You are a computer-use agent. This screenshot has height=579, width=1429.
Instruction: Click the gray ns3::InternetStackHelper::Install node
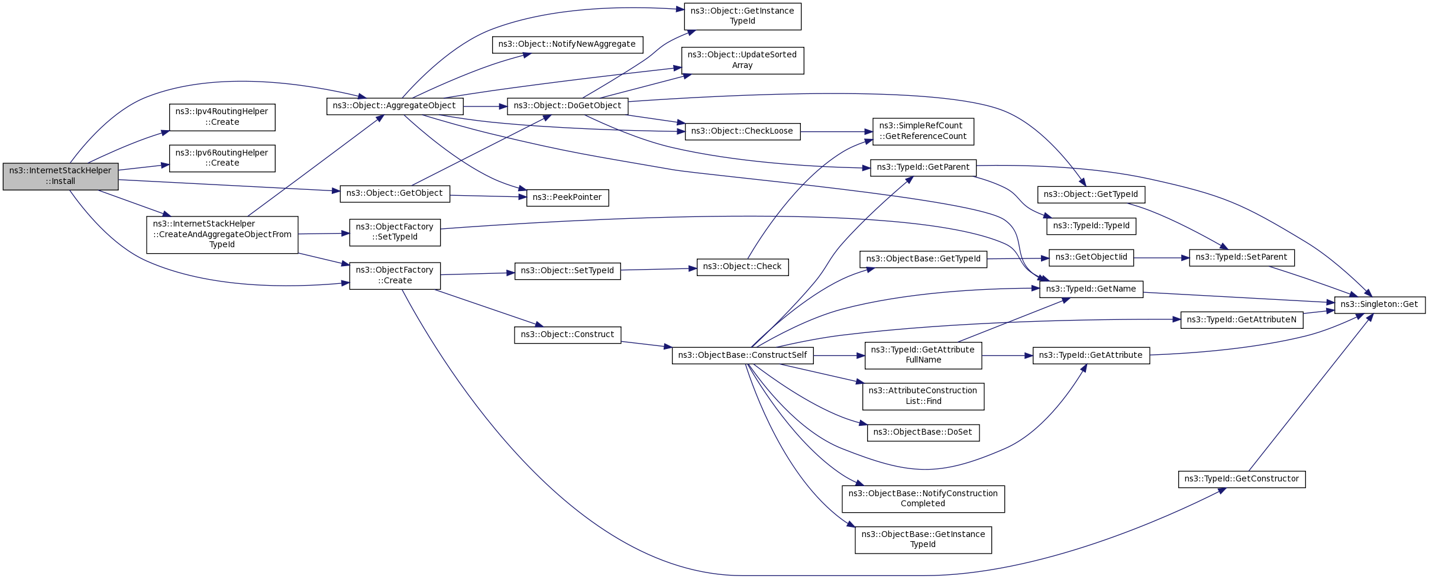(60, 176)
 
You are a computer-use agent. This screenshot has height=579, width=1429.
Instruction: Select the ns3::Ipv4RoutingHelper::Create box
(222, 117)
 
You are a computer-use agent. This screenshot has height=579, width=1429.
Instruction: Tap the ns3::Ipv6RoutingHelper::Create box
(222, 158)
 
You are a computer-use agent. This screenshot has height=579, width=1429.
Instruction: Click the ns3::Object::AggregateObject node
(395, 106)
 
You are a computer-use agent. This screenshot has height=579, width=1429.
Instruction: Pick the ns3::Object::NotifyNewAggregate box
(567, 44)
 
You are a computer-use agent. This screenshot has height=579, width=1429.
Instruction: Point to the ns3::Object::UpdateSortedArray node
(742, 60)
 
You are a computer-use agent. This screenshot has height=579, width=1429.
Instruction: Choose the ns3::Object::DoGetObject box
(567, 106)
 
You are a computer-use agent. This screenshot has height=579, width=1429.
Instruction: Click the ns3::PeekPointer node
(567, 198)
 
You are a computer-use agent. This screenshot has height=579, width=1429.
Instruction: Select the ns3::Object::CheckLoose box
(742, 131)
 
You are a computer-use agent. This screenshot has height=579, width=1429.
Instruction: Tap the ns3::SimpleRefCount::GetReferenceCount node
(923, 131)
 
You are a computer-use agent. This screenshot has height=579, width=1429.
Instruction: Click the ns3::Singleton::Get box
(1379, 305)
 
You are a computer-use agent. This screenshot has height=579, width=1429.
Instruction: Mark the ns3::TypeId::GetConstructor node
(1242, 479)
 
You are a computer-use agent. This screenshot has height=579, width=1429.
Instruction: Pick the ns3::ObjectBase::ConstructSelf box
(742, 355)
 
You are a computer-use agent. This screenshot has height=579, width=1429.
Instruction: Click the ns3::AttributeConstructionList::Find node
(923, 396)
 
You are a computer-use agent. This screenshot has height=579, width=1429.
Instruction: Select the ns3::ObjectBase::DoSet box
(923, 432)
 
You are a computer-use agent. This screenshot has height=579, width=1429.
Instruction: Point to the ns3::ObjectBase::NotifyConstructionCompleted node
(923, 499)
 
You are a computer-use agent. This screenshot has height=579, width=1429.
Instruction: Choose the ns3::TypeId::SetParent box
(1242, 257)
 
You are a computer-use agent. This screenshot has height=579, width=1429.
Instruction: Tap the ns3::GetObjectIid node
(1091, 257)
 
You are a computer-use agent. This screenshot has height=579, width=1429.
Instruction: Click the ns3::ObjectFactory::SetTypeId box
(395, 232)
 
